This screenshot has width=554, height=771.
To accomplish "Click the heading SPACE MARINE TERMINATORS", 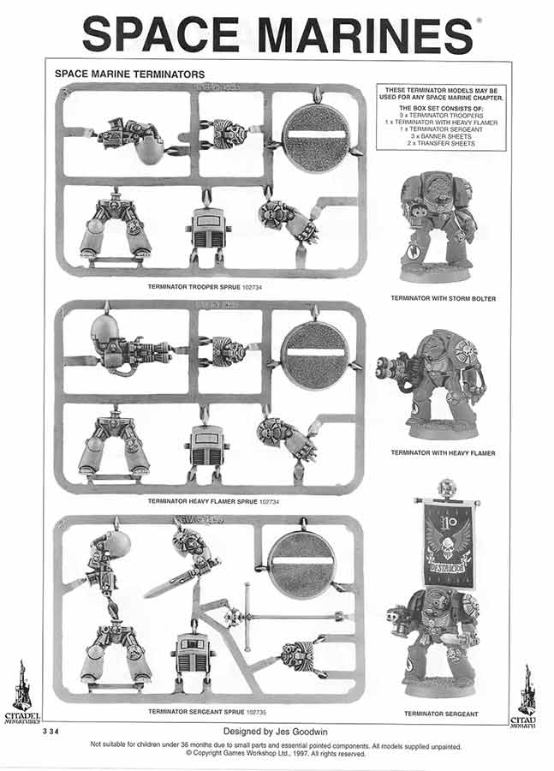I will pos(129,75).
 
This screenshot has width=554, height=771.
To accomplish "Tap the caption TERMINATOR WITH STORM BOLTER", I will pos(443,299).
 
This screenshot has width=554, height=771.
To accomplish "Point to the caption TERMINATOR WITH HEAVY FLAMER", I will pos(443,452).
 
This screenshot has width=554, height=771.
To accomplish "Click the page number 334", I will pos(52,733).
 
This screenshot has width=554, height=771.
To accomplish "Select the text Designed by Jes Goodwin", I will pos(276,732).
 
